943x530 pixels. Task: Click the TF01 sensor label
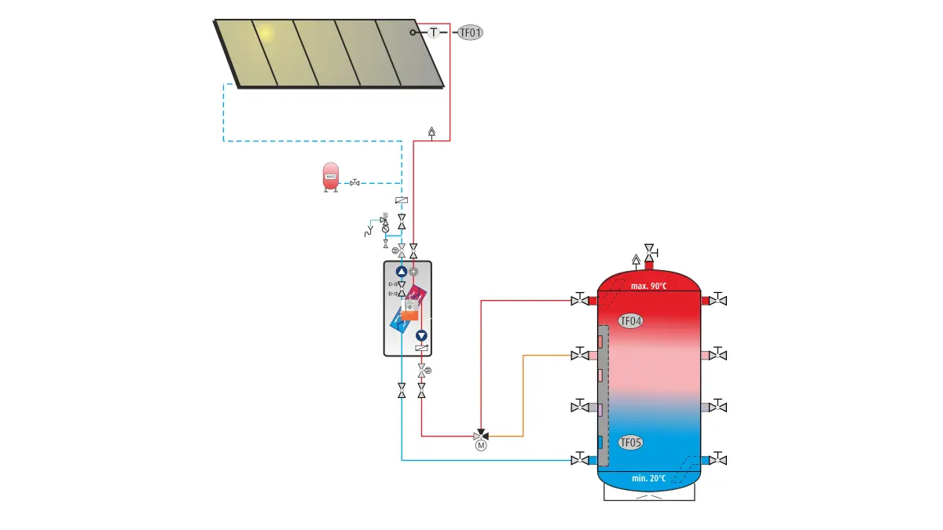click(471, 33)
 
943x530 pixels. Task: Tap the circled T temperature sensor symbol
click(434, 32)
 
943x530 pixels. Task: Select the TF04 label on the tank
click(630, 320)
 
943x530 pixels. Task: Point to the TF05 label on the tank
click(630, 443)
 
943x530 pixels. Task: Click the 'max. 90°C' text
click(648, 286)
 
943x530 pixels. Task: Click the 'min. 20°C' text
click(648, 477)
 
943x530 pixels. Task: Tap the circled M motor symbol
click(481, 445)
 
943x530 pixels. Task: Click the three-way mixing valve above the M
click(481, 434)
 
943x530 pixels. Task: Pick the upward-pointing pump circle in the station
click(402, 272)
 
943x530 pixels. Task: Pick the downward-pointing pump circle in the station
click(422, 335)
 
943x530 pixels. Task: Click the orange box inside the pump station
click(408, 315)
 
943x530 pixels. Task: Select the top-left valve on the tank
click(580, 300)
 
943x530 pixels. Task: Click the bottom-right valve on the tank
click(717, 459)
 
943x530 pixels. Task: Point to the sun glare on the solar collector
click(265, 34)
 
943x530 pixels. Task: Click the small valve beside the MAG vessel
click(355, 183)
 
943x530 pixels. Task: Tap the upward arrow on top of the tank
click(636, 259)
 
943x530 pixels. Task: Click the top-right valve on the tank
click(717, 300)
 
